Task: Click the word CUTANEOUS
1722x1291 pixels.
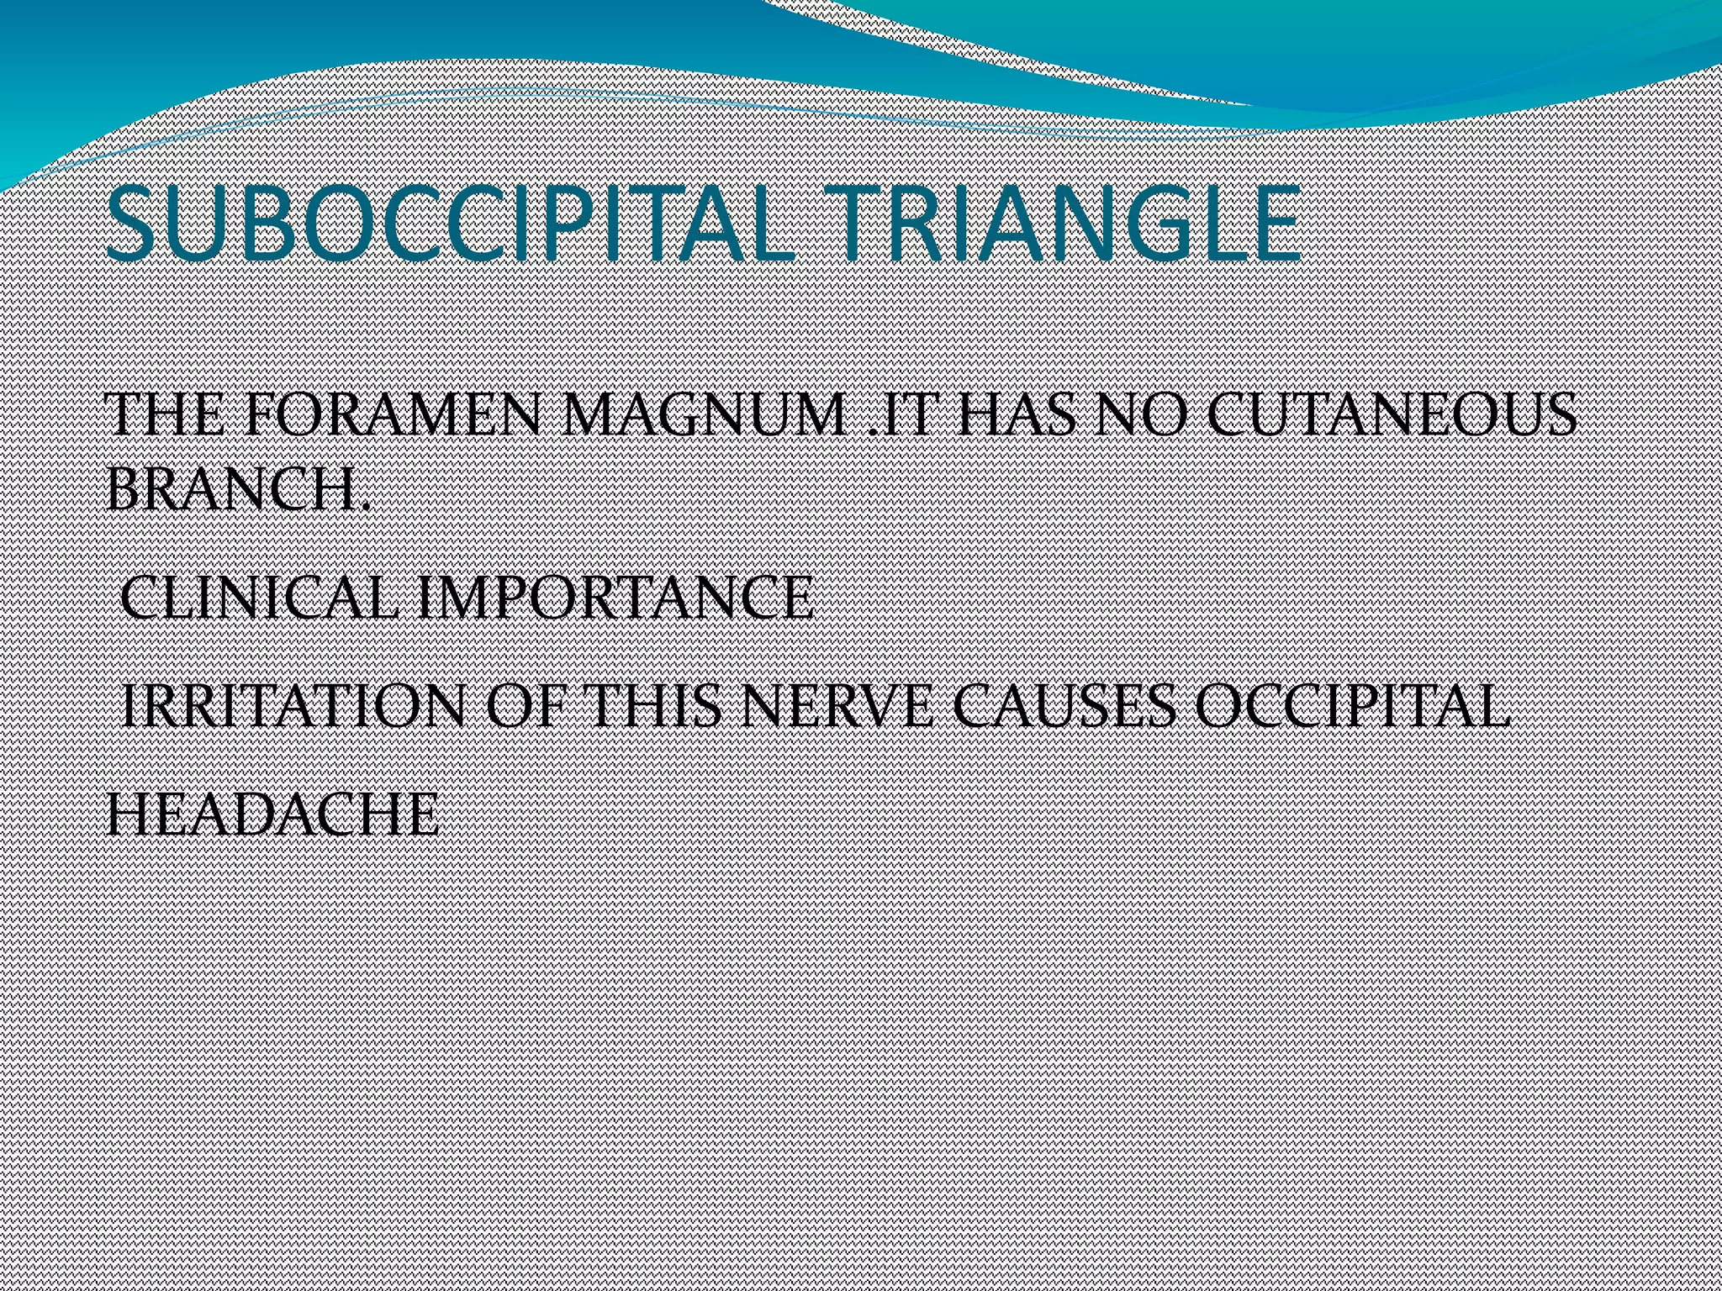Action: (x=1392, y=415)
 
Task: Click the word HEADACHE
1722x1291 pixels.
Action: (x=272, y=814)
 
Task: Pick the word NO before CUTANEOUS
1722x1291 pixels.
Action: (x=1147, y=415)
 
